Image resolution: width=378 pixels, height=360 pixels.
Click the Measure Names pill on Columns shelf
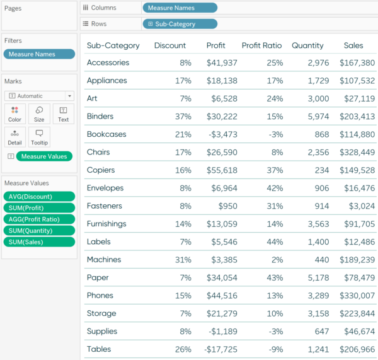(x=180, y=8)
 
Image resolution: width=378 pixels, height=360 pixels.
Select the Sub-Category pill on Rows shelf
(x=180, y=24)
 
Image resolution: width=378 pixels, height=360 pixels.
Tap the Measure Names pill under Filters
(x=38, y=54)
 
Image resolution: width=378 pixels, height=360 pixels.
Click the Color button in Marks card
(x=14, y=114)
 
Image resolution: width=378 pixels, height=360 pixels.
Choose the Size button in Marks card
(x=39, y=114)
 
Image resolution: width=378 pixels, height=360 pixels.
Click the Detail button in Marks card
(x=14, y=137)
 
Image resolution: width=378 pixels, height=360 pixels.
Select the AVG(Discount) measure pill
(x=38, y=197)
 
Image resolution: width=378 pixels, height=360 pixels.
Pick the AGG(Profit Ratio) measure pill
(x=38, y=219)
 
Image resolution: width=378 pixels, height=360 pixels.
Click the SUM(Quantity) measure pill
(x=38, y=231)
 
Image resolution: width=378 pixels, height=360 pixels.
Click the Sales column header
(x=353, y=45)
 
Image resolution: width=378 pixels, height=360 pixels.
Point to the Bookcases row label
(x=106, y=134)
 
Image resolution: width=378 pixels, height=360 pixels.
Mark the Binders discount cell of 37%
(x=183, y=117)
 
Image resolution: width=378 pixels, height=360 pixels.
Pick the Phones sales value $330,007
(x=357, y=296)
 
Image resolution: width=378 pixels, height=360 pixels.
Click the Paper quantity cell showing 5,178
(x=312, y=278)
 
